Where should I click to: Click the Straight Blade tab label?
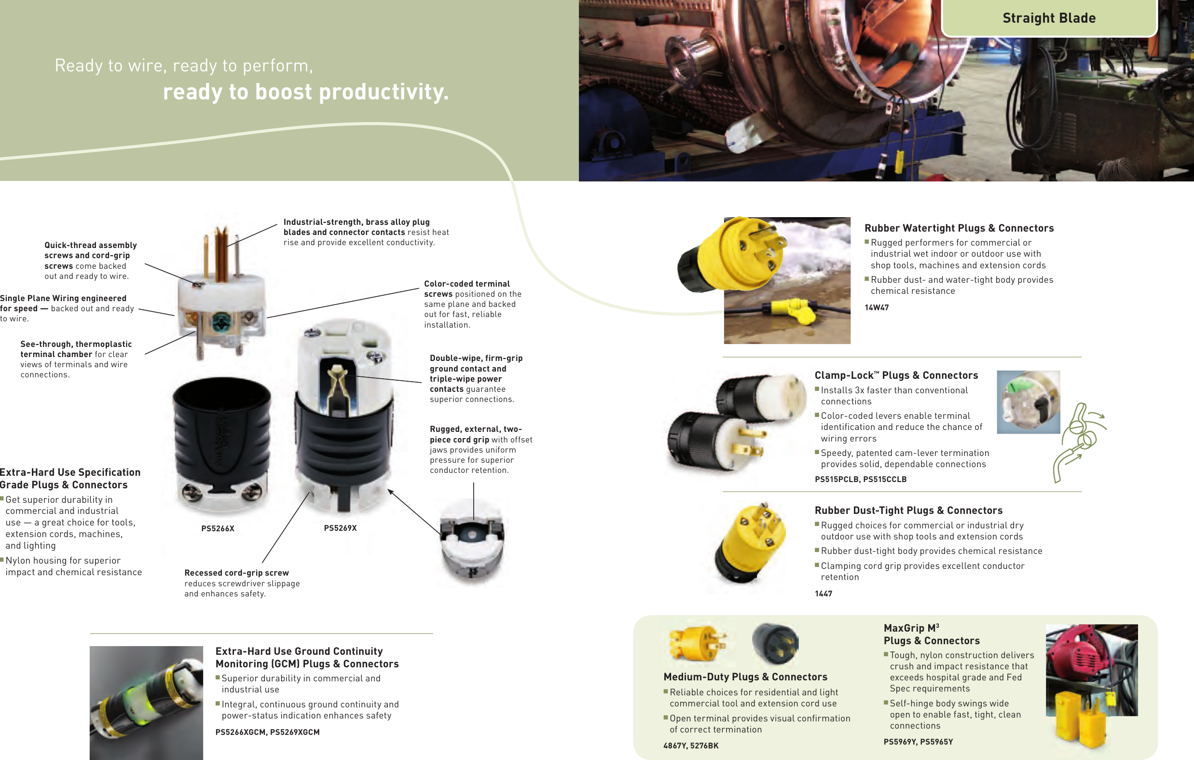click(x=1049, y=18)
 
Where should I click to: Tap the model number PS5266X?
click(x=218, y=528)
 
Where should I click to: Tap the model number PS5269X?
click(x=340, y=528)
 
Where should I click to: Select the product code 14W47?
click(x=876, y=307)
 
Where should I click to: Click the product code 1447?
click(x=823, y=594)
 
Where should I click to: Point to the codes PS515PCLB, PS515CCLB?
click(x=860, y=479)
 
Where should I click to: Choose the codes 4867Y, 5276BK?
click(x=691, y=745)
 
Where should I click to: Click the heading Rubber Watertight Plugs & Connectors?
click(x=959, y=228)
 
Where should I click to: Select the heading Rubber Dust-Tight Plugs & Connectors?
click(x=908, y=511)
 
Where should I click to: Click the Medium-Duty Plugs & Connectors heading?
click(x=745, y=677)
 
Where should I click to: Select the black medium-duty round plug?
click(x=775, y=644)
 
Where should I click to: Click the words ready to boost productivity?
click(x=305, y=92)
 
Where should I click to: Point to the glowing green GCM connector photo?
click(x=146, y=702)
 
